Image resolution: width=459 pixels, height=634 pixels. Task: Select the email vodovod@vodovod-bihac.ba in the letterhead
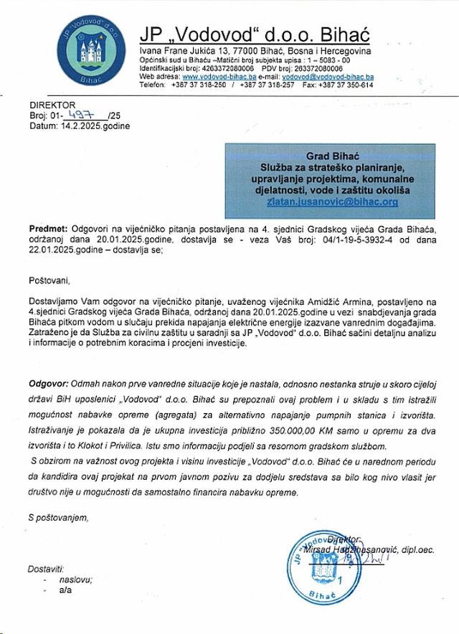tap(328, 76)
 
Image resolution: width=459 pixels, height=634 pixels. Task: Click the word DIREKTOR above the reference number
tap(52, 105)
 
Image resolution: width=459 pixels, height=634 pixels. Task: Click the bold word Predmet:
tap(49, 227)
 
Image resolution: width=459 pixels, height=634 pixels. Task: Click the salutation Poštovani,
tap(51, 278)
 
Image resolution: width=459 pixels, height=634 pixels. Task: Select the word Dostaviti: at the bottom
tap(46, 568)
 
